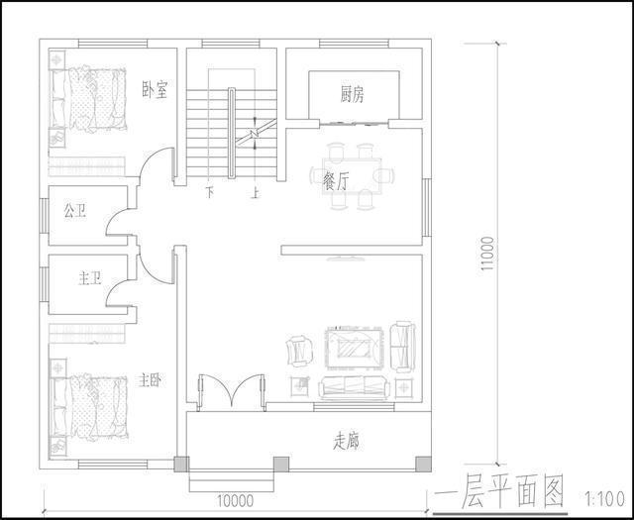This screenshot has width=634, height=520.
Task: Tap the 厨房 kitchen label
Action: tap(352, 95)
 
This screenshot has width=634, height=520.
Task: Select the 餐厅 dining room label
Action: tap(336, 180)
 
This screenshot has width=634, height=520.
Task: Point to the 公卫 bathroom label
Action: tap(75, 211)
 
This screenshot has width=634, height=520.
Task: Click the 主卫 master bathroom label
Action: tap(89, 279)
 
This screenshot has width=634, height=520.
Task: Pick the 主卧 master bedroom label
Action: tap(151, 379)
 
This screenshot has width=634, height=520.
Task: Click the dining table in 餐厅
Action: tap(354, 175)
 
